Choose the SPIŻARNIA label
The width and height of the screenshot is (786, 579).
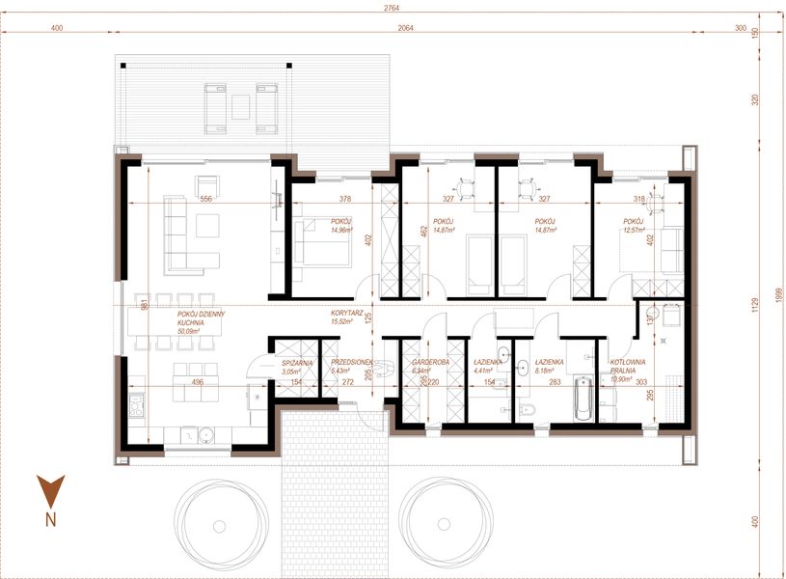click(x=291, y=363)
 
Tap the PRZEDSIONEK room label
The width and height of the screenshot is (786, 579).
click(x=352, y=363)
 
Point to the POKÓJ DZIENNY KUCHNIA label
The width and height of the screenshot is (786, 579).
click(x=201, y=318)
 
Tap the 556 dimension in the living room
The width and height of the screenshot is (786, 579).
click(x=205, y=199)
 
